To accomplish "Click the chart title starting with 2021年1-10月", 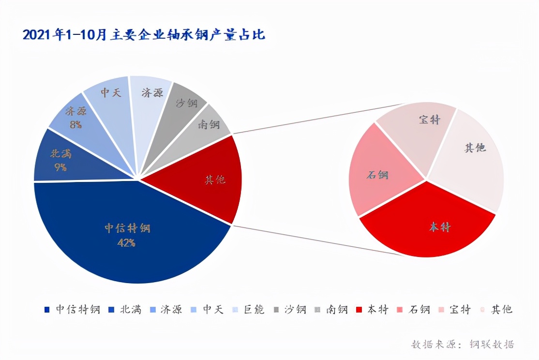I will click(x=144, y=35).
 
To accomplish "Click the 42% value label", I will click(x=126, y=242).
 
